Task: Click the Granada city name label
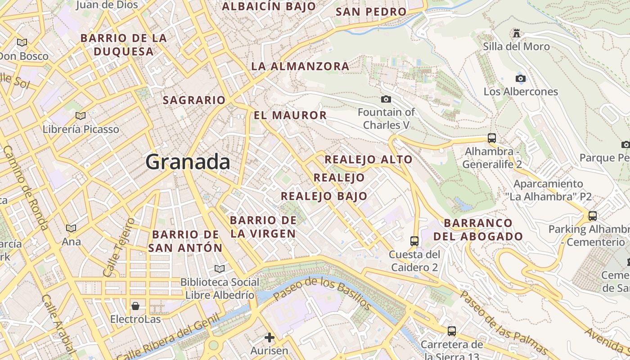(188, 162)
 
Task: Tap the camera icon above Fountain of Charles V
(386, 99)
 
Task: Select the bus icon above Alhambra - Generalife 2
(492, 138)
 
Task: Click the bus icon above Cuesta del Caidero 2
(414, 241)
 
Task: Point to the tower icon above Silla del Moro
(517, 33)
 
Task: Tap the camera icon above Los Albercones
(521, 79)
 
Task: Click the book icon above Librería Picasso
(81, 116)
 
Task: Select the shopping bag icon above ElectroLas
(135, 306)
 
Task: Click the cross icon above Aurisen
(270, 337)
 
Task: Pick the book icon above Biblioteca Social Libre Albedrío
(220, 269)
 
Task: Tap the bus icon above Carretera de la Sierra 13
(452, 331)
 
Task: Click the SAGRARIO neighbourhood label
(194, 100)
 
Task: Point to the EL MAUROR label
(290, 115)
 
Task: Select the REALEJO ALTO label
(369, 159)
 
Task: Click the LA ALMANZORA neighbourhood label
(300, 66)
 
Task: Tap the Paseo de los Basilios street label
(322, 293)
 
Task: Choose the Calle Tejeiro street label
(119, 247)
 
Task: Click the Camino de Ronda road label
(26, 187)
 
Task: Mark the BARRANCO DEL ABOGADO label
(483, 229)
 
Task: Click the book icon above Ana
(71, 228)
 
